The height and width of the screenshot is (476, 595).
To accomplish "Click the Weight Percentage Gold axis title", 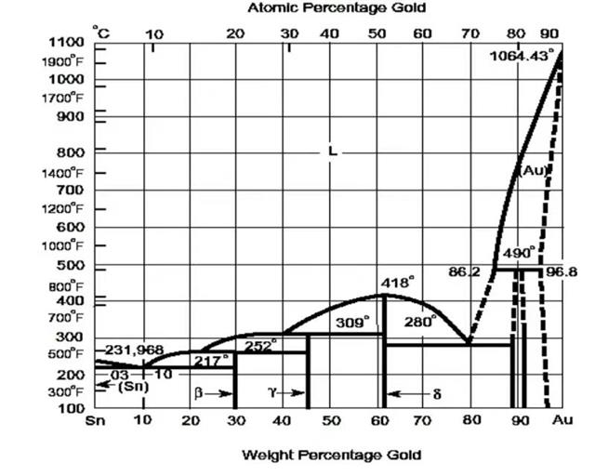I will point(331,455).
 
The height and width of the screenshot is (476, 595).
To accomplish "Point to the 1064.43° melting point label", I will point(525,54).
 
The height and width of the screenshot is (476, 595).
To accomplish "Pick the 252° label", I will point(261,345).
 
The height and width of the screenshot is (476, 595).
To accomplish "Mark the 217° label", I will point(211,361).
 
